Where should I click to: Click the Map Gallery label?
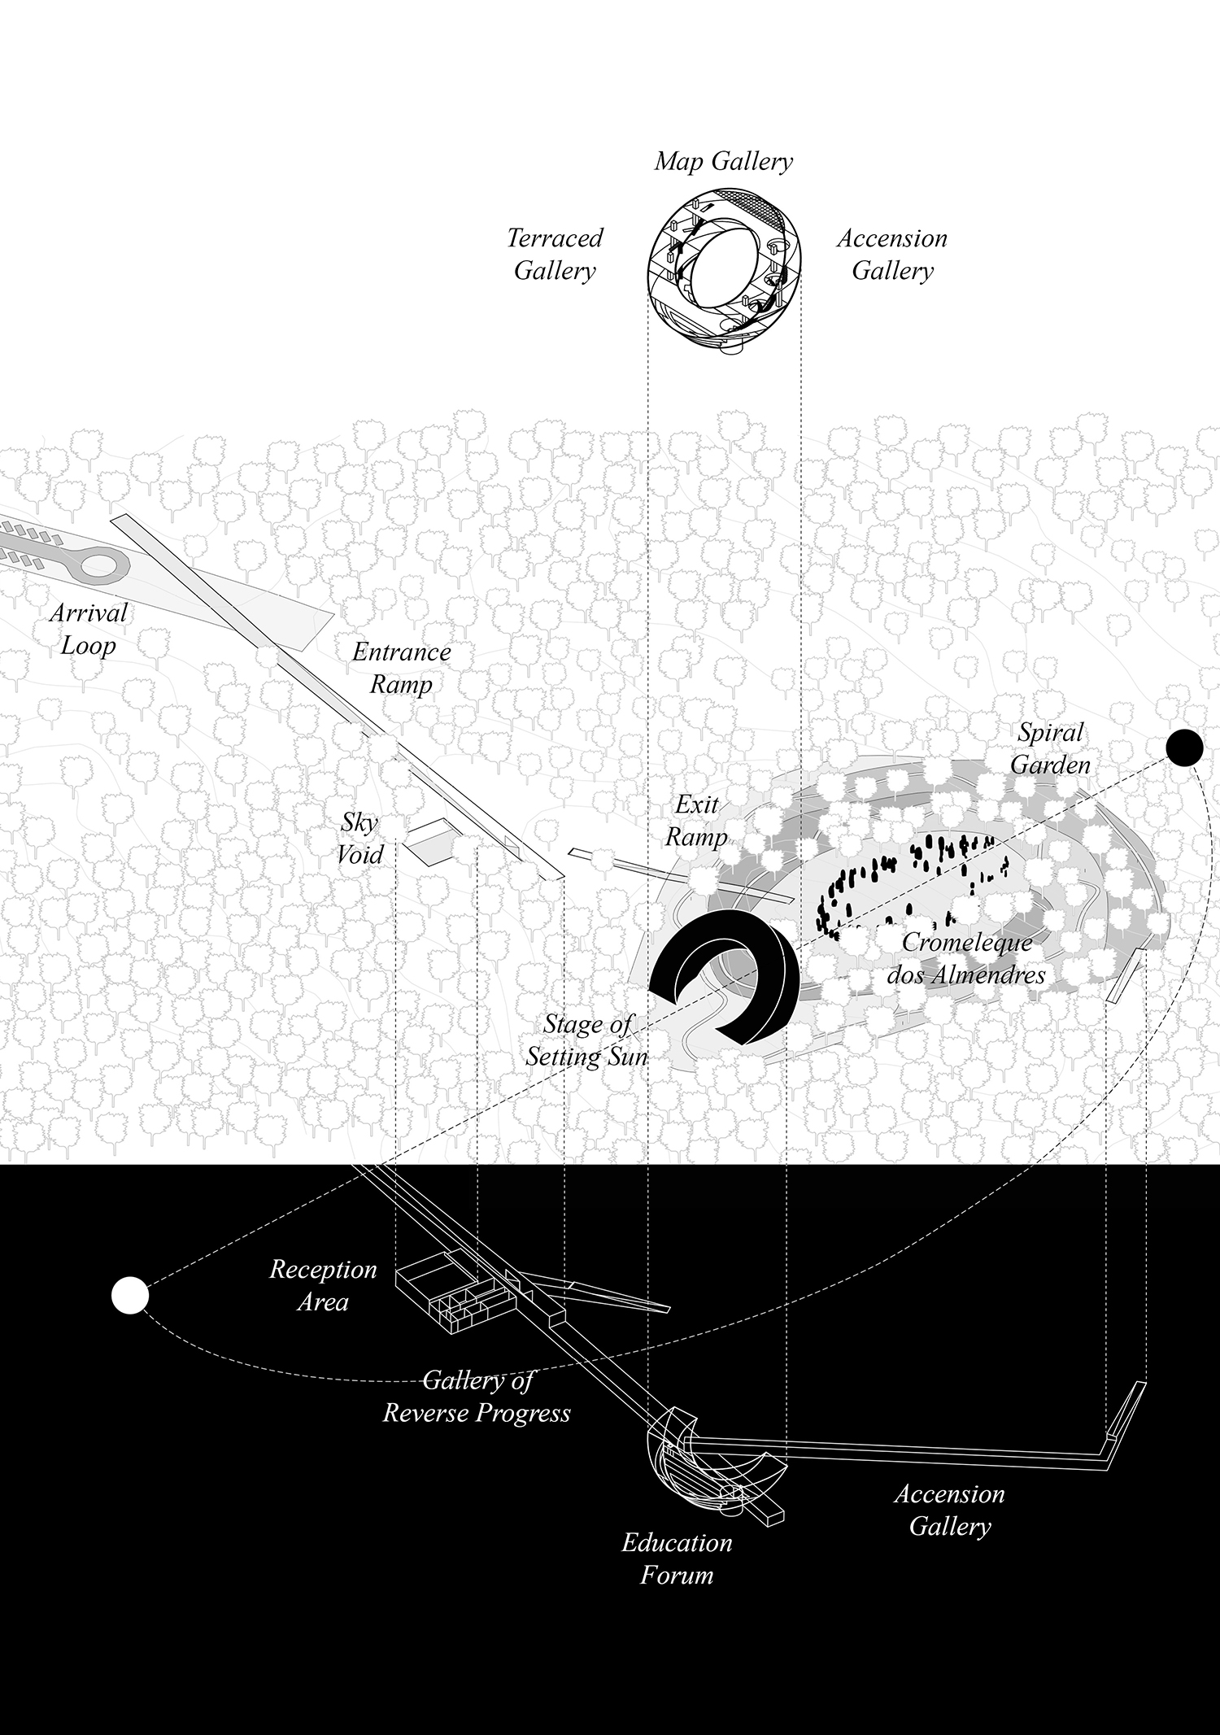[x=723, y=161]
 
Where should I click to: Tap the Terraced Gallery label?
[x=555, y=254]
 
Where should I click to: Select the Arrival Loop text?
[x=88, y=629]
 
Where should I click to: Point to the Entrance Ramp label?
[x=401, y=668]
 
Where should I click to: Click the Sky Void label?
[x=360, y=838]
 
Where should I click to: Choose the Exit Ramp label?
[x=696, y=821]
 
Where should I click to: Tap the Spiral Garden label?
[x=1051, y=748]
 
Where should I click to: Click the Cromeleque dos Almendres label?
[x=966, y=958]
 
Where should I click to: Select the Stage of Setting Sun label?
[x=586, y=1040]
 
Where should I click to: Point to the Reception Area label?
[x=323, y=1285]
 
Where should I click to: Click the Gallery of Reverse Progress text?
[x=477, y=1396]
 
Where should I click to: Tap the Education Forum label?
[x=677, y=1558]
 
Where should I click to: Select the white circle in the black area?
[x=130, y=1297]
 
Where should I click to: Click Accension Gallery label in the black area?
[x=949, y=1510]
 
